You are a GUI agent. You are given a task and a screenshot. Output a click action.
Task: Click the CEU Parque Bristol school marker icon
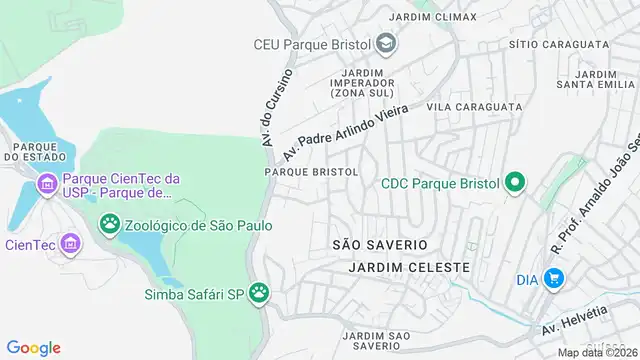pos(386,44)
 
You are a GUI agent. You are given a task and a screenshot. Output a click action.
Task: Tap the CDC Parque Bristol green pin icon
pos(515,182)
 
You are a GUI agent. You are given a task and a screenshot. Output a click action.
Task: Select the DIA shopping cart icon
pos(555,279)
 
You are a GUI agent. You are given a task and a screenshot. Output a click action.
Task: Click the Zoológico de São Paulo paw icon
pos(108,226)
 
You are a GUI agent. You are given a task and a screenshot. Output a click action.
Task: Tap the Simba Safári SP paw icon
pos(261,294)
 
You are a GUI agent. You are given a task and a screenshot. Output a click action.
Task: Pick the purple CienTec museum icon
pos(69,243)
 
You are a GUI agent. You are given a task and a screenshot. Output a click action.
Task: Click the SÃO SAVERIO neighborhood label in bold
pos(380,245)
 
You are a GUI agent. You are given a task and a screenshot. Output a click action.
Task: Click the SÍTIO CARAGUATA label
pos(558,45)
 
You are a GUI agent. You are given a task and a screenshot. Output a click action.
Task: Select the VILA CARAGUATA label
pos(473,105)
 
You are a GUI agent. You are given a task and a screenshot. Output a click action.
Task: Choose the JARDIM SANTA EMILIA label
pos(598,80)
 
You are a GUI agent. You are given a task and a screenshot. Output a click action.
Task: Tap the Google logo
pos(33,347)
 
